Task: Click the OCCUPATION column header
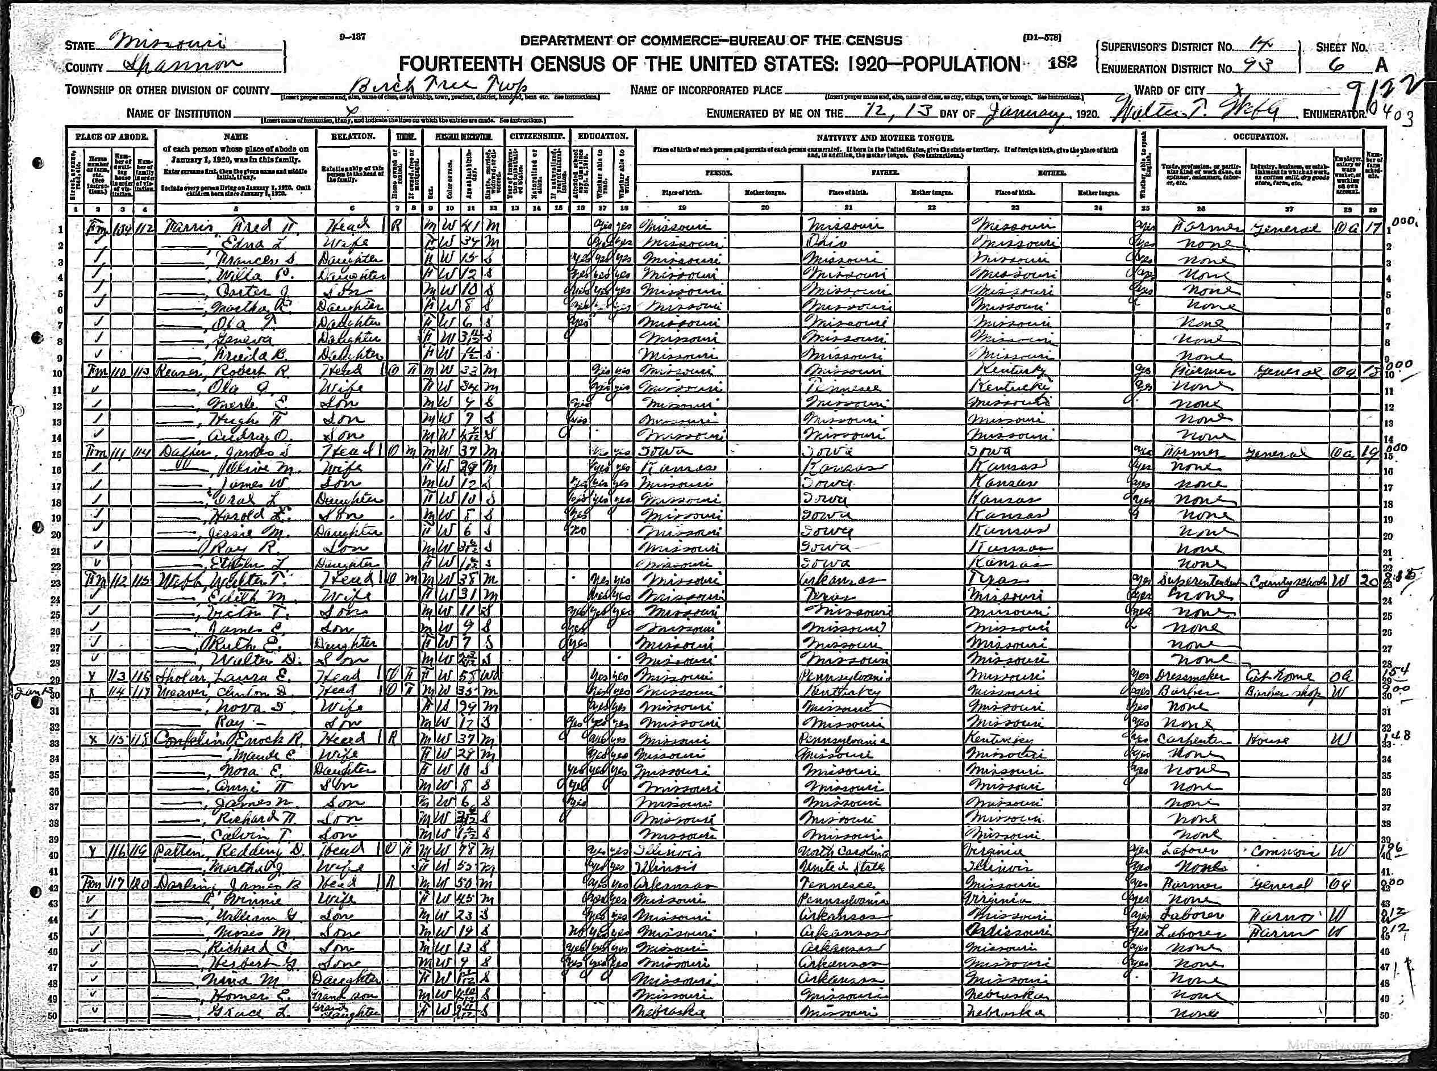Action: click(1260, 137)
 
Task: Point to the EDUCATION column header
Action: click(603, 137)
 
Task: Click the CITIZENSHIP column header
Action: click(538, 137)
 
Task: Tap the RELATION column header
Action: click(353, 137)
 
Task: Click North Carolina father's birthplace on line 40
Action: click(843, 852)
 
